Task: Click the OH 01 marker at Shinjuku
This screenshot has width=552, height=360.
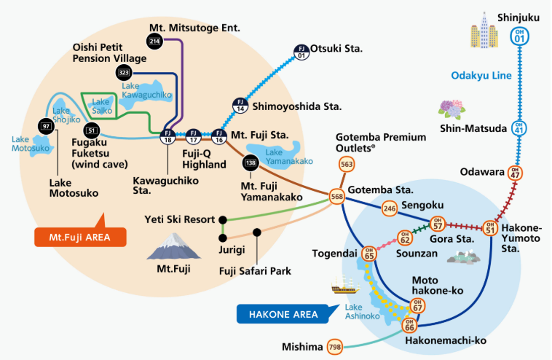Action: click(x=519, y=36)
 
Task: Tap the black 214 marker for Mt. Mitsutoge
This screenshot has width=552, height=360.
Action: click(x=154, y=42)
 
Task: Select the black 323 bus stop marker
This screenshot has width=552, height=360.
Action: click(x=124, y=73)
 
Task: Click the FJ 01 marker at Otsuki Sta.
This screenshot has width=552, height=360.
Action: click(x=301, y=52)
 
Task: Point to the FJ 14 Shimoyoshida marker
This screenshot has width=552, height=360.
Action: click(x=240, y=104)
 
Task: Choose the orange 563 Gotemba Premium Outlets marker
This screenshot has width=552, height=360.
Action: click(x=347, y=165)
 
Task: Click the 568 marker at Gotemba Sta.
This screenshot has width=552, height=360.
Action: click(x=337, y=197)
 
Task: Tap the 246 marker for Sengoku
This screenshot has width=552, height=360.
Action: click(x=389, y=208)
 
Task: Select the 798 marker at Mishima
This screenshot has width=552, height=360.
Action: click(x=335, y=346)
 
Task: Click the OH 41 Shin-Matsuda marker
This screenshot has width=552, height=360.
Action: click(x=519, y=128)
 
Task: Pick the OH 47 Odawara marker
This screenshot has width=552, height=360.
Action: click(x=515, y=173)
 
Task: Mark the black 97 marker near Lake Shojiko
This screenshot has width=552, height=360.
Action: click(x=47, y=126)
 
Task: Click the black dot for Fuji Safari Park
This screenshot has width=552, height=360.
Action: click(x=257, y=232)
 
